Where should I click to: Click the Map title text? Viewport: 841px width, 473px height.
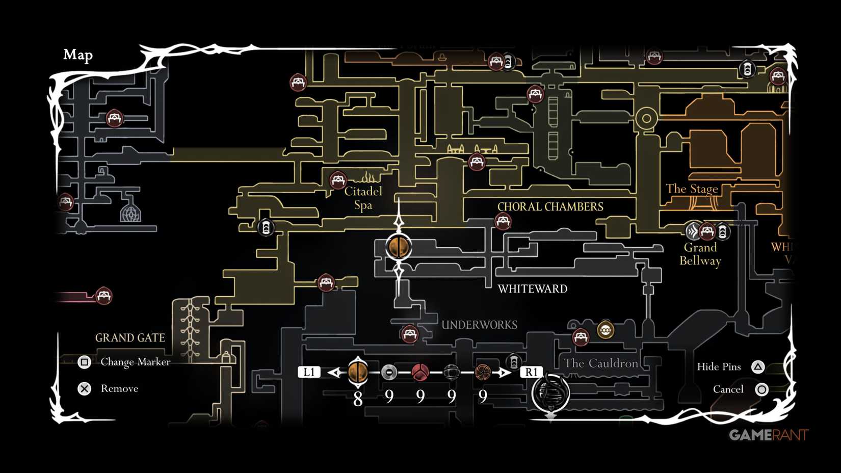(78, 55)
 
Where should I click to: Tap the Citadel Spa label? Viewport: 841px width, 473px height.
(363, 198)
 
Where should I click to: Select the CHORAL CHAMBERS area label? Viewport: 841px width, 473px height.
(550, 206)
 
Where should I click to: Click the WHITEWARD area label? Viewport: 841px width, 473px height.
(532, 288)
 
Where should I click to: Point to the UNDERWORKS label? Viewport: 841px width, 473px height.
(479, 325)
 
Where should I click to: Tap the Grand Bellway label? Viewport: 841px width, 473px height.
(700, 254)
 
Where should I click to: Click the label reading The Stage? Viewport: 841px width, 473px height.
(691, 189)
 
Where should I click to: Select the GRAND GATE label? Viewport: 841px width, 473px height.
(130, 337)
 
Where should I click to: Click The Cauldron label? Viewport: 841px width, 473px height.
(600, 363)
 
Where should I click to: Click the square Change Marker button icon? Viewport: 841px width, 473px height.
(84, 362)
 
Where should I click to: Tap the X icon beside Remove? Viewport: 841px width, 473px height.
(84, 389)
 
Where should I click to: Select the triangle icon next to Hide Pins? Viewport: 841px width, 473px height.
(758, 366)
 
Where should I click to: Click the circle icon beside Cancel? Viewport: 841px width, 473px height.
(761, 389)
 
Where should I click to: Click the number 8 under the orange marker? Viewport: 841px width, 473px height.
(358, 399)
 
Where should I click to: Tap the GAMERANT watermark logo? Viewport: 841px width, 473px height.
(768, 435)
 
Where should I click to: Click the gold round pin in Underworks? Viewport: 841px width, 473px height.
(605, 330)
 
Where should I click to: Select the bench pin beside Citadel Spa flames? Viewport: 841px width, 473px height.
(338, 180)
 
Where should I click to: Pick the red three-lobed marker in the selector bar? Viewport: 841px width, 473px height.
(420, 372)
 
